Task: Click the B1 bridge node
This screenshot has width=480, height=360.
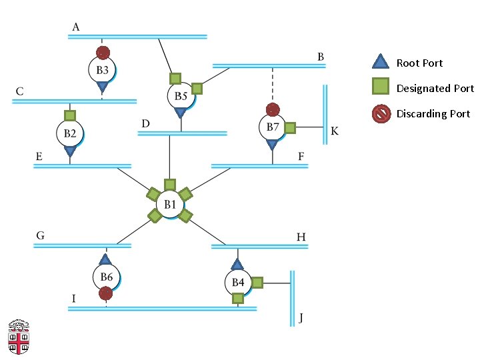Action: click(170, 204)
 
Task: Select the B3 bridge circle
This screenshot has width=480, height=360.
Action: click(102, 70)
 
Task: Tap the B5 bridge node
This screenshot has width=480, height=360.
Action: click(181, 96)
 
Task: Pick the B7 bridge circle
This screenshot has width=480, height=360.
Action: click(273, 127)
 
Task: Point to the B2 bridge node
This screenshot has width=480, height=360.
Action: click(70, 133)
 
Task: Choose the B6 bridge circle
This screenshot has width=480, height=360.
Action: click(107, 277)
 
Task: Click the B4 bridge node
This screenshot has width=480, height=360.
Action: click(238, 282)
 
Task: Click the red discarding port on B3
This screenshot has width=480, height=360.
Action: click(103, 53)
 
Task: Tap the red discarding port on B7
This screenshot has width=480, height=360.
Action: click(273, 109)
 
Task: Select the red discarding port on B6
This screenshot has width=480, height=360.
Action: click(105, 293)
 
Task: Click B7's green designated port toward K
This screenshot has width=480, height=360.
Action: click(290, 127)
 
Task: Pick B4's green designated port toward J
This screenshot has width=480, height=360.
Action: click(257, 283)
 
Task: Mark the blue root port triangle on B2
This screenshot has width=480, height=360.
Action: click(70, 151)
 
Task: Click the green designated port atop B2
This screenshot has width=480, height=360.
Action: click(70, 116)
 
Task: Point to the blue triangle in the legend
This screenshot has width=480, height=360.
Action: click(381, 61)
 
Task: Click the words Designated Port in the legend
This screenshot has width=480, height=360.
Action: click(435, 89)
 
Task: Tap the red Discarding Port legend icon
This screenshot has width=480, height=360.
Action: click(381, 114)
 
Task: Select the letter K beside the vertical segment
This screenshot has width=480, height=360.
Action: click(335, 131)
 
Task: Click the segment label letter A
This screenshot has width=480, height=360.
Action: click(76, 27)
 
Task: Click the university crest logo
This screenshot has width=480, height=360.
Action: click(19, 337)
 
